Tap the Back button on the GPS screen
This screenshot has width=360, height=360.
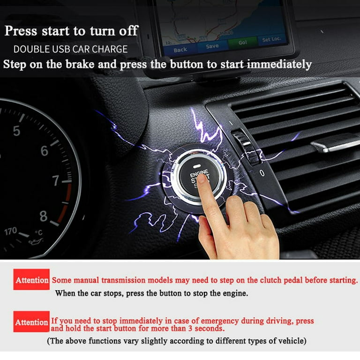click(180, 49)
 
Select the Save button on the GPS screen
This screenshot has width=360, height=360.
click(212, 46)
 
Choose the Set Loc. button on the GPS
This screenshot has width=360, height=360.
click(272, 40)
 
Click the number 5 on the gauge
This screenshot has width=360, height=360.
click(16, 131)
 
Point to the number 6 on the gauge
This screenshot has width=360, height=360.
click(44, 151)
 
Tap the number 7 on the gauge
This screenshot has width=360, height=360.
click(56, 181)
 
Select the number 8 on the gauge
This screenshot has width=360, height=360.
click(43, 216)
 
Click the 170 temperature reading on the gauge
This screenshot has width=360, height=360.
click(11, 231)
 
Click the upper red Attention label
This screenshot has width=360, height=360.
click(31, 280)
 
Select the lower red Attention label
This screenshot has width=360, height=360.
click(31, 322)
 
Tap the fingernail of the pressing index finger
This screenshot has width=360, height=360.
click(202, 180)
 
